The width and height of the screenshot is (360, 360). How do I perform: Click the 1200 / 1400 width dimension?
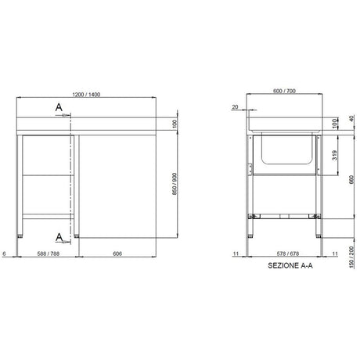pyautogui.click(x=86, y=95)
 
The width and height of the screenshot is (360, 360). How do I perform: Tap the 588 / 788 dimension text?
pyautogui.click(x=49, y=254)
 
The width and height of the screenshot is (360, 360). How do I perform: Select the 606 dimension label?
pyautogui.click(x=117, y=254)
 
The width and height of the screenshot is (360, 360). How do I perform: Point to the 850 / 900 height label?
pyautogui.click(x=175, y=184)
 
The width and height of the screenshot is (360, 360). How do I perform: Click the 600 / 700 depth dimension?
pyautogui.click(x=284, y=91)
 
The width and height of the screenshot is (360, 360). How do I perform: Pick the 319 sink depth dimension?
pyautogui.click(x=335, y=155)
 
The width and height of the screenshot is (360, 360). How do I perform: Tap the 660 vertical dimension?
pyautogui.click(x=351, y=180)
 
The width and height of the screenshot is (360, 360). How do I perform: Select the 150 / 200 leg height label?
pyautogui.click(x=351, y=257)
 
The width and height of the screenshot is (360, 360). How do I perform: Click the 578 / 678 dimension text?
pyautogui.click(x=288, y=254)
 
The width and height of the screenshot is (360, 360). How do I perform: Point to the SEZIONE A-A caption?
pyautogui.click(x=290, y=265)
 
